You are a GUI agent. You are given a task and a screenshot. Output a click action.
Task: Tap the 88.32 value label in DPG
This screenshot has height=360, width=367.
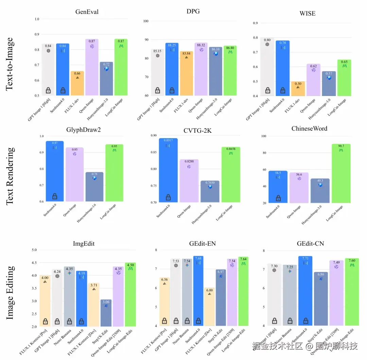point(202,45)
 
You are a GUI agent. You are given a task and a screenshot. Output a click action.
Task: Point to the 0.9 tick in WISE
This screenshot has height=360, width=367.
point(255,23)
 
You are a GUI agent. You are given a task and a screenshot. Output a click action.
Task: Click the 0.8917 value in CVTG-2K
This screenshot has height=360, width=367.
point(168,140)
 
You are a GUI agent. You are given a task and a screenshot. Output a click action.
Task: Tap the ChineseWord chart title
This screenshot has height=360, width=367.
point(309,129)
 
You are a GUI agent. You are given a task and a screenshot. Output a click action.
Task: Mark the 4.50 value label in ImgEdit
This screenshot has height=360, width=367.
point(130,265)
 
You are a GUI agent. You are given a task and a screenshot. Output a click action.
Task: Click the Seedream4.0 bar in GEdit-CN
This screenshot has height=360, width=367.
point(305,292)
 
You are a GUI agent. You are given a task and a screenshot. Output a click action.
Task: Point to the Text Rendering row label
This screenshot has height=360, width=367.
point(10,176)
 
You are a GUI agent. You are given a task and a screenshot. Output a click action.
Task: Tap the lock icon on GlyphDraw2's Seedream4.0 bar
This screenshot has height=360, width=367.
point(55,196)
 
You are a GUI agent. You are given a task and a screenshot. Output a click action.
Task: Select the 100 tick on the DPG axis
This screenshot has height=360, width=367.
point(146,21)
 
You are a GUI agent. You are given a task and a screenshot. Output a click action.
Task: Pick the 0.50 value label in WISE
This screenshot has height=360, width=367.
point(298,83)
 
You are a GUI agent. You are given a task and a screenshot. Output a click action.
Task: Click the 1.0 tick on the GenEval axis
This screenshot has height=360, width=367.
point(37,19)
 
